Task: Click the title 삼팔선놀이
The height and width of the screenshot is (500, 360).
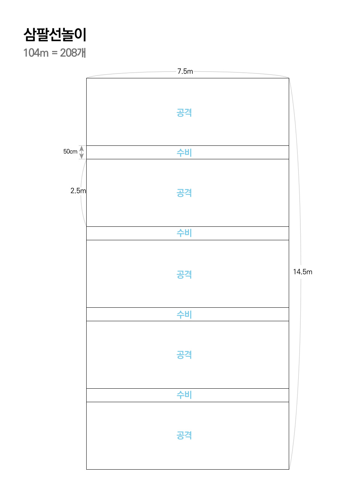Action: [55, 34]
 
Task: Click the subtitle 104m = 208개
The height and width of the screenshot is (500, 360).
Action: [55, 53]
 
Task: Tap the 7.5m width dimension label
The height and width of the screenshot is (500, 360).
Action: [185, 72]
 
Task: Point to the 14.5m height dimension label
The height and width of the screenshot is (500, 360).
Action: [303, 272]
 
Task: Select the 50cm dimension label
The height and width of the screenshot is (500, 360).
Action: [70, 151]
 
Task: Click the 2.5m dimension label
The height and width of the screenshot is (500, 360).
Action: [78, 191]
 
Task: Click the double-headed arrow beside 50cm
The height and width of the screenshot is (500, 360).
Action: [82, 152]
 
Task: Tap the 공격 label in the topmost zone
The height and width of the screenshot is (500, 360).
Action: [184, 112]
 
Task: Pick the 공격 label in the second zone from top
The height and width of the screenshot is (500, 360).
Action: [184, 193]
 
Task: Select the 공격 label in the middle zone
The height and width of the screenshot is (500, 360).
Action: [184, 275]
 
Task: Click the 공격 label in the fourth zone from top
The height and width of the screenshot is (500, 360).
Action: [184, 355]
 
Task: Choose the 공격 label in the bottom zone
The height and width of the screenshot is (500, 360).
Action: [184, 436]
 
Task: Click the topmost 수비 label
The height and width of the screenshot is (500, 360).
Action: [184, 153]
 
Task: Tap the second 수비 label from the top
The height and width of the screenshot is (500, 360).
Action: [184, 233]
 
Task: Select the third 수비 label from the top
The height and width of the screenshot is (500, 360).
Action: [184, 315]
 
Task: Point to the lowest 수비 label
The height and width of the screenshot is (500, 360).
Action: [184, 395]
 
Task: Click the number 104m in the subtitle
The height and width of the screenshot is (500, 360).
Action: [36, 53]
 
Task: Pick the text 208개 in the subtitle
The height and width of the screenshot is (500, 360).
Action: [73, 53]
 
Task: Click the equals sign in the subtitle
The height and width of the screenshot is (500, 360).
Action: [54, 53]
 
